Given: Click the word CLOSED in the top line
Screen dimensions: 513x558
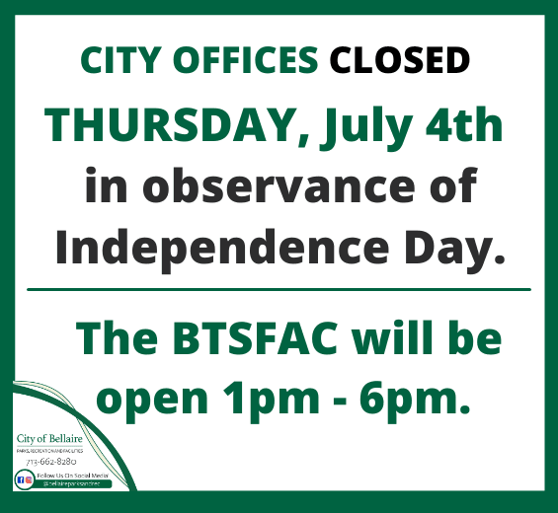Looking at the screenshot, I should pos(399,61).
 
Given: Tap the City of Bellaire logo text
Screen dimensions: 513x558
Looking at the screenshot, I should pos(48,437).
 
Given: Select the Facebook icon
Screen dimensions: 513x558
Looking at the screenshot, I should pos(20,478).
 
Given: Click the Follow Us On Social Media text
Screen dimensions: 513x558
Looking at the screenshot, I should pos(72,475).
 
